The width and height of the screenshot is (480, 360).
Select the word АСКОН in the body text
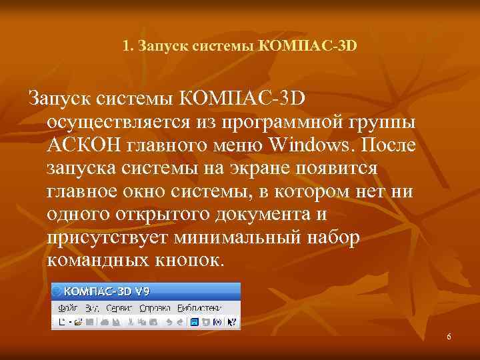pos(82,145)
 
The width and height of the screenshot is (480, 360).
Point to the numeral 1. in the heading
pos(128,47)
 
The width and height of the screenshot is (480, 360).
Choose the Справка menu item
pos(155,308)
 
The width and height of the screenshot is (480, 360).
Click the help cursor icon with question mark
pos(232,322)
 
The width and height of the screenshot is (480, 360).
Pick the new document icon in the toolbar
pos(62,322)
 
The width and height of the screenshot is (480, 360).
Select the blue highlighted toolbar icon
pos(194,322)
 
